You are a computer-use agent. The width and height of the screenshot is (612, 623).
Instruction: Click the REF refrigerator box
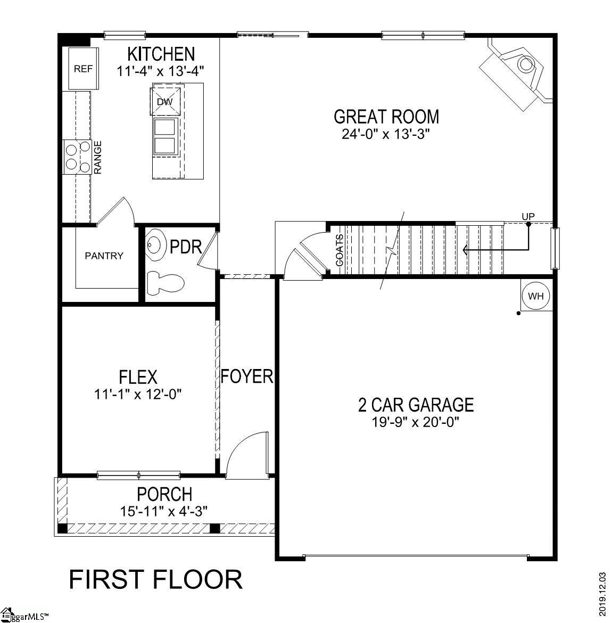(83, 69)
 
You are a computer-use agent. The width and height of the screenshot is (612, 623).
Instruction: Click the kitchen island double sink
(164, 136)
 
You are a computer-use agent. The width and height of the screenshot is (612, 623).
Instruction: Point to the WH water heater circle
(536, 297)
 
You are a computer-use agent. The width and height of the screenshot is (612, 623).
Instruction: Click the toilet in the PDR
(164, 283)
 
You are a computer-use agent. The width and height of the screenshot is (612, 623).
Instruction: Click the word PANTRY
(104, 256)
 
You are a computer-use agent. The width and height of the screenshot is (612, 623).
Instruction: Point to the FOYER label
(247, 376)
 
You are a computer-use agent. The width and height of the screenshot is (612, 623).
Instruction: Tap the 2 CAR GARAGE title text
(416, 405)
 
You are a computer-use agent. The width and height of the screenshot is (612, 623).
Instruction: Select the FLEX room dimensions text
(138, 395)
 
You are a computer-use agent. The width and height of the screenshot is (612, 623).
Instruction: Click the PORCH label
(164, 494)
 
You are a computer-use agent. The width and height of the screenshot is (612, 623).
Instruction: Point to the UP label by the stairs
(528, 217)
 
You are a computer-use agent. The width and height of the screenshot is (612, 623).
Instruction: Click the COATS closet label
(340, 250)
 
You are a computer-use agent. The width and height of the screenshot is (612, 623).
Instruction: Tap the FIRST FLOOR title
(155, 579)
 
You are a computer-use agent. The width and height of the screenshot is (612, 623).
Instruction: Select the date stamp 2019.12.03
(602, 594)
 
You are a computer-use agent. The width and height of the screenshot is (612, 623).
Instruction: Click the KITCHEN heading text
(161, 54)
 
